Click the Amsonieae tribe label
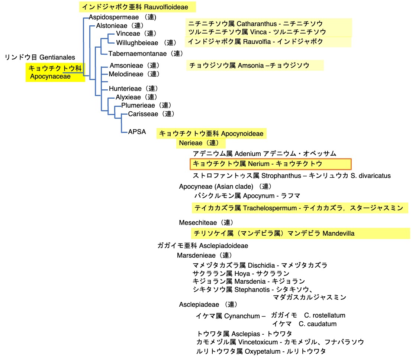pos(134,66)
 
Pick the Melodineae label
pos(134,74)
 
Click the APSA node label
pos(137,131)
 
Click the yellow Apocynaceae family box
pos(55,72)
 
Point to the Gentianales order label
pos(40,57)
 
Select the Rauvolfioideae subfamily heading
pos(138,7)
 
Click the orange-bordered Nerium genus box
pos(270,164)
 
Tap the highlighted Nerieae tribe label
pos(201,143)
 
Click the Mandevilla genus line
pos(273,233)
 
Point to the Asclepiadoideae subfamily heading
pos(203,246)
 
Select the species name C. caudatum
pos(318,324)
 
